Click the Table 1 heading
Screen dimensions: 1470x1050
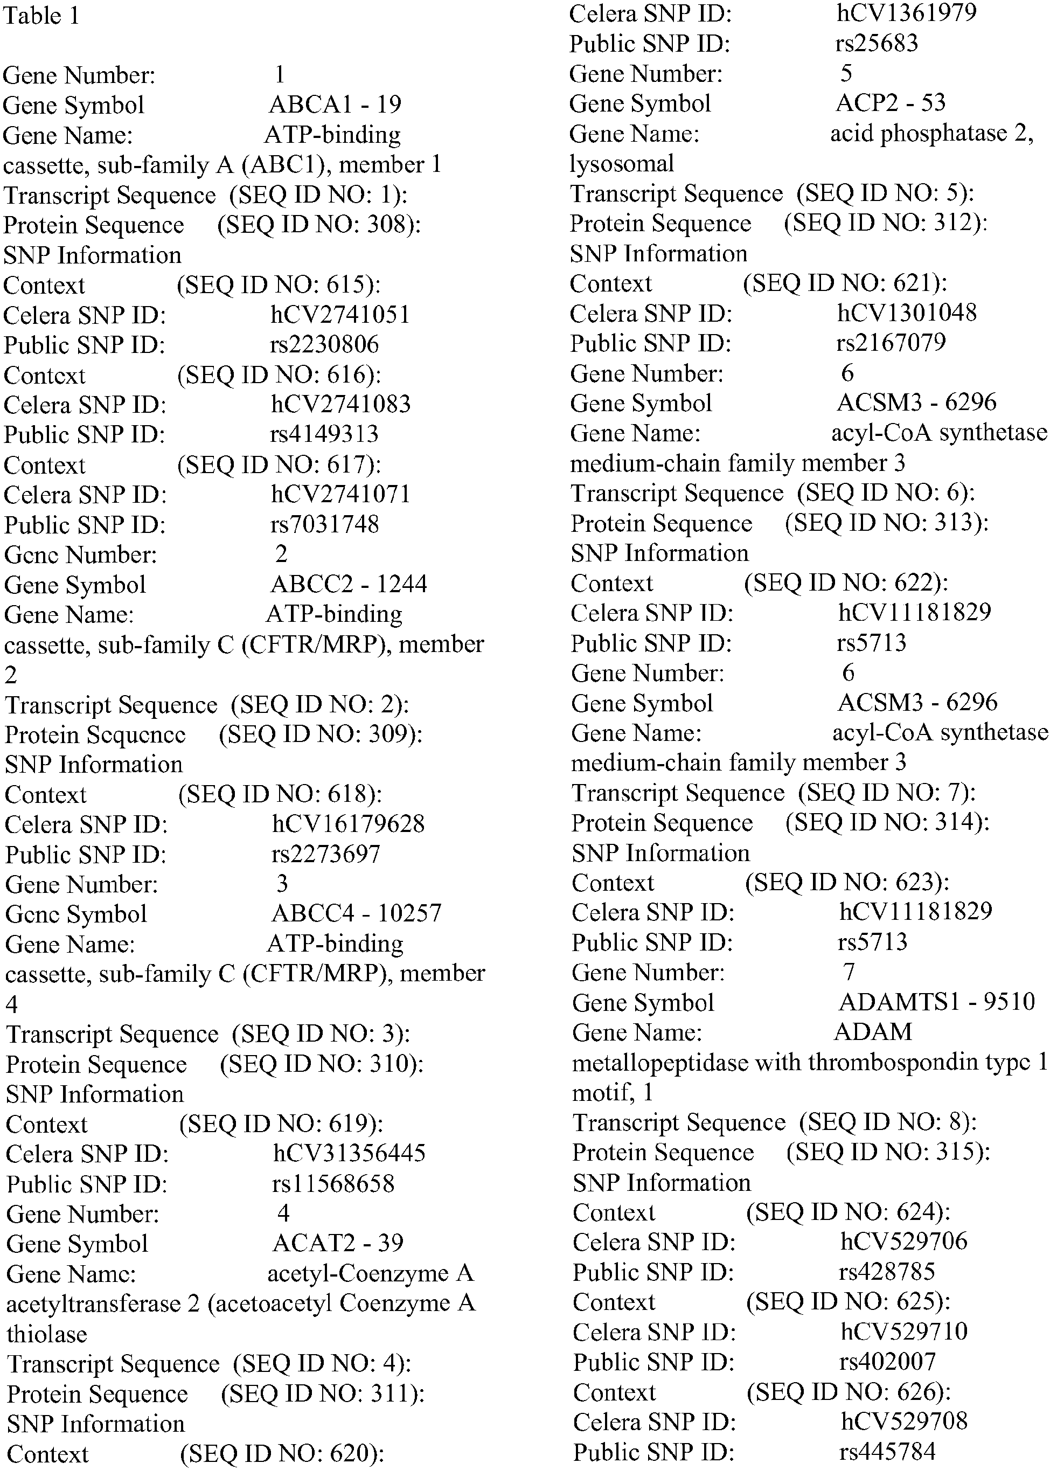[x=41, y=16]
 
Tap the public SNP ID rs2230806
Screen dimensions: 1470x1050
[x=324, y=344]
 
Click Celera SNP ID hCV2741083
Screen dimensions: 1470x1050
[x=340, y=404]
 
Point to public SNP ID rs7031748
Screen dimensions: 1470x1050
[x=324, y=524]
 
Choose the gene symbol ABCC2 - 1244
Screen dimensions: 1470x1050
[x=349, y=584]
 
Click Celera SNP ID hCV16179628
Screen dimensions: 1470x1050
[x=349, y=823]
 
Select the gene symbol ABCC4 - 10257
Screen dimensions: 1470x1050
[x=356, y=913]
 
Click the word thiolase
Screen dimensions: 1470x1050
[x=46, y=1333]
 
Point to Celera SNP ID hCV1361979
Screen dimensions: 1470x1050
[x=906, y=13]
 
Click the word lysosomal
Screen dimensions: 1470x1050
[x=621, y=164]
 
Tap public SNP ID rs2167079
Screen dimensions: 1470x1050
[x=891, y=342]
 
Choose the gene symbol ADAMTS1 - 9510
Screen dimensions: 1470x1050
[x=936, y=1002]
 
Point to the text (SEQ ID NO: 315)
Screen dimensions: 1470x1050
[x=888, y=1152]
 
